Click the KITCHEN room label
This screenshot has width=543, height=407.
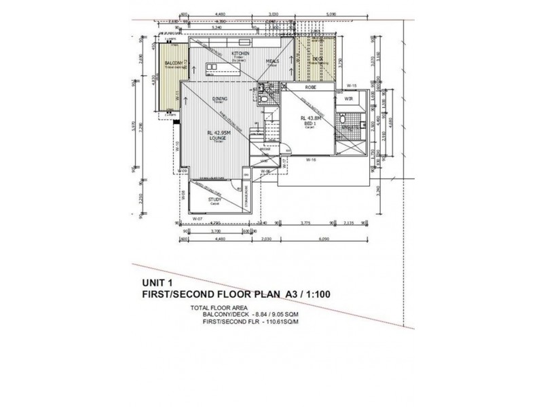241,53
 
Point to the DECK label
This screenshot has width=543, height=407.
318,60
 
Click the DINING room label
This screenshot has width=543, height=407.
219,99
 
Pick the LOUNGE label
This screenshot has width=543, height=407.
219,138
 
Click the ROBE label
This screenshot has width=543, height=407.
311,88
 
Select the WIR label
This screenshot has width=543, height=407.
350,99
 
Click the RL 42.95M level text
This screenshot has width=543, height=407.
219,132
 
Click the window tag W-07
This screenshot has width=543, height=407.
197,219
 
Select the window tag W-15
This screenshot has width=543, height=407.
352,85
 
